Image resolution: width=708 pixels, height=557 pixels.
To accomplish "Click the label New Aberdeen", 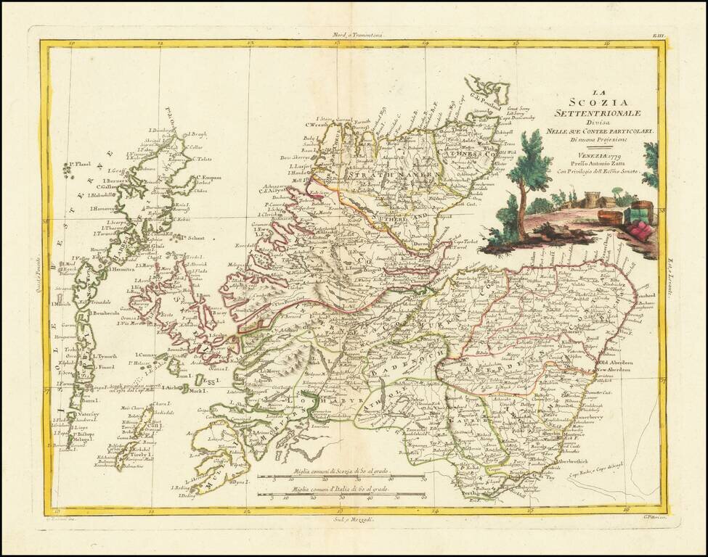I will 617,370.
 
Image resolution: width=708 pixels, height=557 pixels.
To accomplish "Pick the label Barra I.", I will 89,400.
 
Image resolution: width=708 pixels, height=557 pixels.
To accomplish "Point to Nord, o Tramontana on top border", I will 353,35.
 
